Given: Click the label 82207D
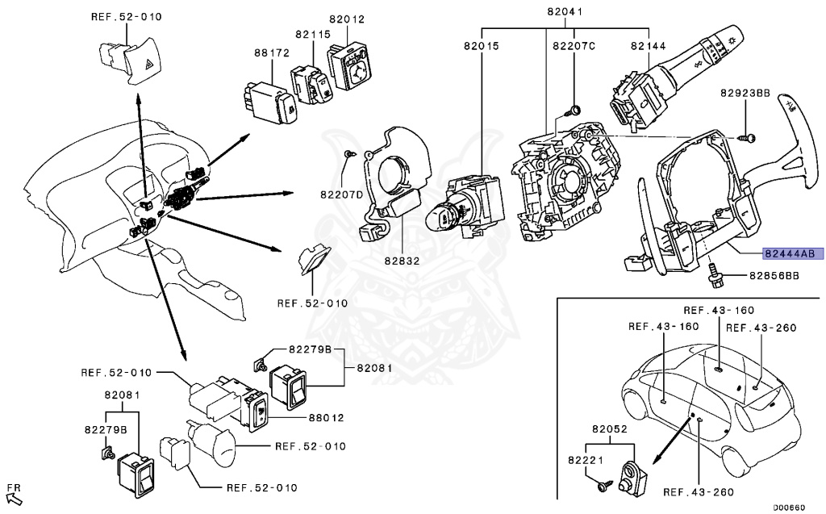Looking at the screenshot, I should pos(342,194).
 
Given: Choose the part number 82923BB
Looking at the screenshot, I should pos(745,94).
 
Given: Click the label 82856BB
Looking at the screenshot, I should pos(774,276).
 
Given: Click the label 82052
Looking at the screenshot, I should pos(611,430).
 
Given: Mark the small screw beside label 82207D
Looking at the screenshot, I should pos(347,153).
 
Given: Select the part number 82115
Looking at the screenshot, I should pos(313,35).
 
